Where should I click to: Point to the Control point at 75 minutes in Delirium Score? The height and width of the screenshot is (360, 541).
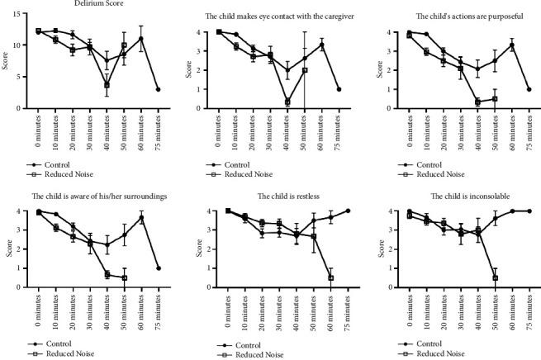159,89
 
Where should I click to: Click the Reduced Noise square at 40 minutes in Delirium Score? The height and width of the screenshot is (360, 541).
107,85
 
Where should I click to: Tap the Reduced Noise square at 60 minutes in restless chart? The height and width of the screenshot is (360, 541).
330,277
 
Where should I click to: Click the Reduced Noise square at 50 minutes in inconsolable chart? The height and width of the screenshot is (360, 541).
496,277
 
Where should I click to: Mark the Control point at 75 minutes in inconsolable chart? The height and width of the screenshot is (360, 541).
529,211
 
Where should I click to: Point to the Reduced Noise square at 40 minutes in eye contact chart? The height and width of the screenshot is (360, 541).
287,102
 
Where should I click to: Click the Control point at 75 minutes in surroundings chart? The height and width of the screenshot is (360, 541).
158,268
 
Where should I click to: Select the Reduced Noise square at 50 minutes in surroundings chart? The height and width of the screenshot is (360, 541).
124,278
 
